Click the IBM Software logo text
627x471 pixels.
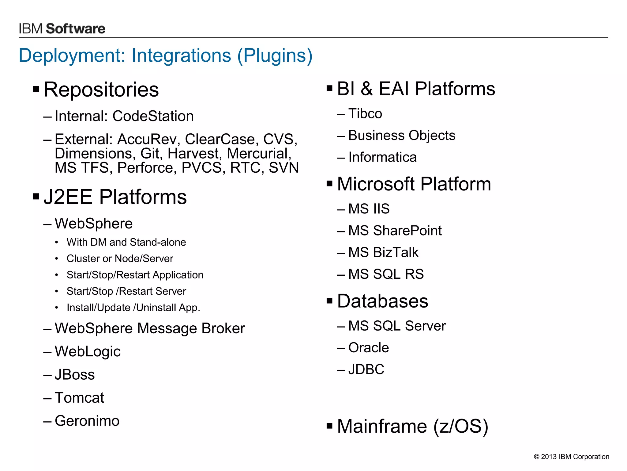(62, 29)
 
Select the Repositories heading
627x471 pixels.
(101, 90)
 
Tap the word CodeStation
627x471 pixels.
(153, 116)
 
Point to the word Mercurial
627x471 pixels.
(259, 153)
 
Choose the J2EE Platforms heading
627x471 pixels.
(115, 197)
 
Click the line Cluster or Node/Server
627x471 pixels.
(120, 258)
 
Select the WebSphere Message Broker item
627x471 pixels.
(150, 328)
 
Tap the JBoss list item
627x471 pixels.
(75, 375)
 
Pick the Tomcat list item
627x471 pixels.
(79, 398)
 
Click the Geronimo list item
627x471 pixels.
(87, 421)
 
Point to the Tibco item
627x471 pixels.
(365, 114)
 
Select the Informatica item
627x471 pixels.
(382, 157)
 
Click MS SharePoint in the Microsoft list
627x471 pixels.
(395, 231)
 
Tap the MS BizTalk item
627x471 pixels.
(383, 252)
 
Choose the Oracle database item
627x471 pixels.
(369, 348)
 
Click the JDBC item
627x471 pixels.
(366, 370)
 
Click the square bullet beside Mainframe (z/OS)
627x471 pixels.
(329, 426)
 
